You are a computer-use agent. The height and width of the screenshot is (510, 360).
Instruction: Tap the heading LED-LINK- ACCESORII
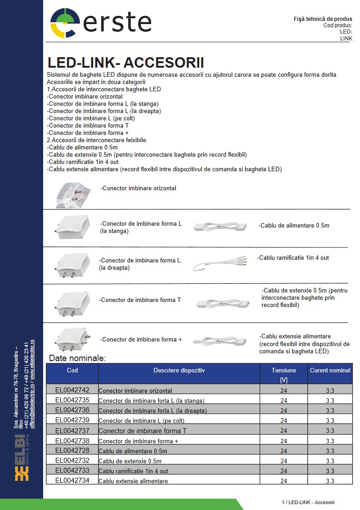click(x=126, y=63)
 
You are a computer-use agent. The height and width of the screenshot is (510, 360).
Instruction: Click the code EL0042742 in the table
click(x=72, y=390)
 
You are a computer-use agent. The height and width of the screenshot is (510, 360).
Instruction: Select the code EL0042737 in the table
click(x=72, y=431)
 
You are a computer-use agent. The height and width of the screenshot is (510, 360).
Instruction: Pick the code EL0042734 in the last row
click(x=72, y=480)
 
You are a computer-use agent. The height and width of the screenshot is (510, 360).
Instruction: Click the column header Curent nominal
click(x=330, y=370)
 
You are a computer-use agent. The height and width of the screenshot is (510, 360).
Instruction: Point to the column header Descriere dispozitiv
click(x=179, y=370)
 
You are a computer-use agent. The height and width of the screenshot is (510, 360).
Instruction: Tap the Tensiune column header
click(x=284, y=370)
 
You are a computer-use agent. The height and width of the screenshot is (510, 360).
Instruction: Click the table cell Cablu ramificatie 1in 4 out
click(x=133, y=471)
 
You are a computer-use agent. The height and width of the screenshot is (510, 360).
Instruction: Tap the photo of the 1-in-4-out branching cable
click(x=219, y=264)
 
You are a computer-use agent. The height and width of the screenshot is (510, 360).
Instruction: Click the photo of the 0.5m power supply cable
click(x=220, y=226)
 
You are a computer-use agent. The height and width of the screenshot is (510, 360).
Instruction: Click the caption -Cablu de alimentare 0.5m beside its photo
click(x=294, y=225)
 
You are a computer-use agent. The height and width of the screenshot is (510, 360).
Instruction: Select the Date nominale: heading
click(x=77, y=358)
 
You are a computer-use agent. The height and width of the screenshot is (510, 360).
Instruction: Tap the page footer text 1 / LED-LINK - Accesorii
click(x=308, y=502)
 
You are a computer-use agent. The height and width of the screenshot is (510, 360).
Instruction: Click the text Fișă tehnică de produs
click(x=323, y=19)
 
